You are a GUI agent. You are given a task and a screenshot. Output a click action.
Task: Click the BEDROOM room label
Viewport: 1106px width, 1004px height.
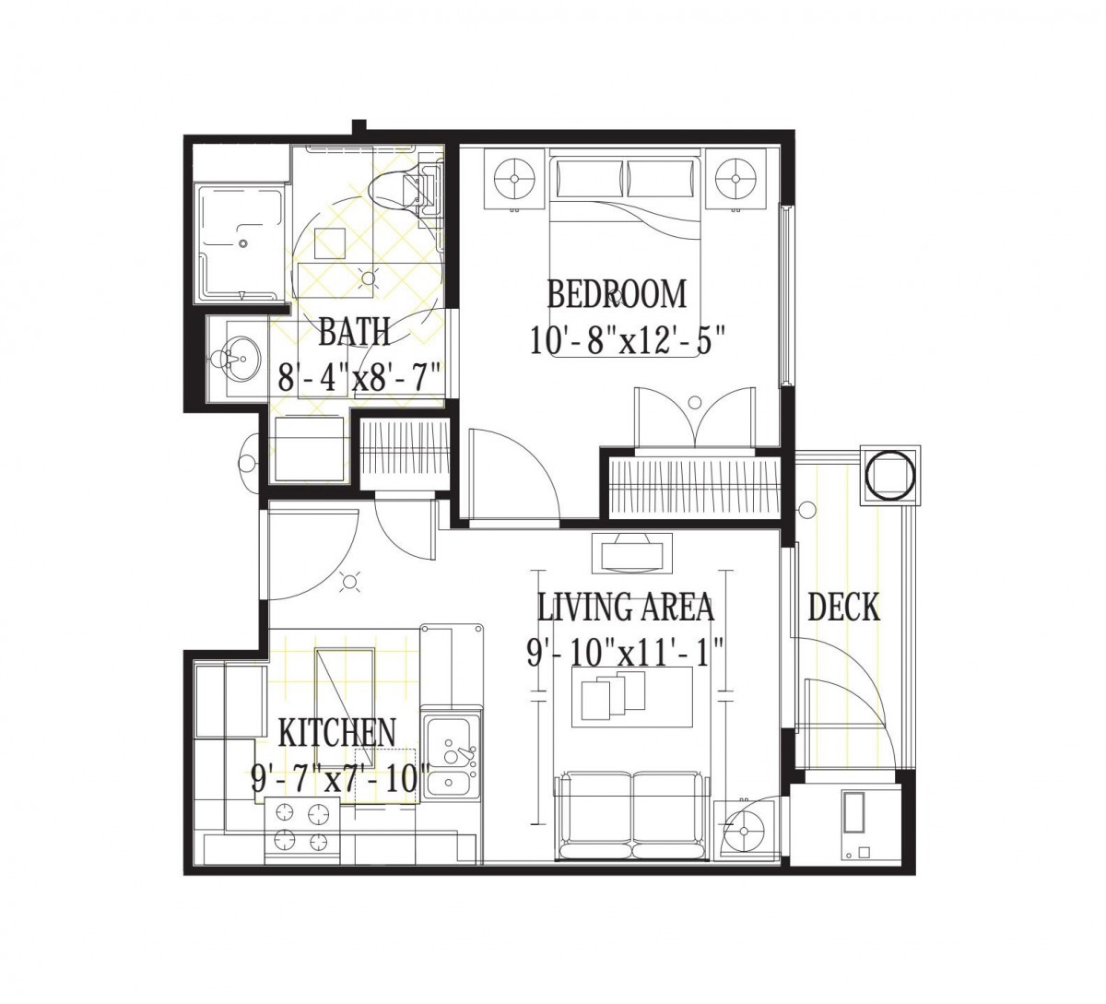[x=617, y=294]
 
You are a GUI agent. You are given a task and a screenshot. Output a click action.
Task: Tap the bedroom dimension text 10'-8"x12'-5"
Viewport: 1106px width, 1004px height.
[x=627, y=340]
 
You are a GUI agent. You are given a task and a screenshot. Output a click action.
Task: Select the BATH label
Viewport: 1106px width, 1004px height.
[x=354, y=332]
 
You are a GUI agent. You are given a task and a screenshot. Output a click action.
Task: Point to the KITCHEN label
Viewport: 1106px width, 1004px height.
[x=337, y=733]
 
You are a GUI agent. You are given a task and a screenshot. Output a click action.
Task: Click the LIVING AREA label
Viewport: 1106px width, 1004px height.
[x=626, y=607]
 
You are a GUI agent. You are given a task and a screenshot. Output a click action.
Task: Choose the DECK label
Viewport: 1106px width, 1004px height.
[x=843, y=607]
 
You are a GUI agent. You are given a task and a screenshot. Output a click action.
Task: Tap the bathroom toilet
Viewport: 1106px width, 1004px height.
[x=404, y=187]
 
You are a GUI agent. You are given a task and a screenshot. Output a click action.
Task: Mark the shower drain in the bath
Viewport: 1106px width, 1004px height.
[x=242, y=243]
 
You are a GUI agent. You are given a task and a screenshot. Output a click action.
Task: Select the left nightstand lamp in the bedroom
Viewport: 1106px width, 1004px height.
[x=514, y=179]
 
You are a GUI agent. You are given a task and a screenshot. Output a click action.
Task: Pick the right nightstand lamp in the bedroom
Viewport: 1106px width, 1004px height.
[x=735, y=179]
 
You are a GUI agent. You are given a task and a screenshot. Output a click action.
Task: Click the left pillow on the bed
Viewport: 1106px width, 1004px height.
[x=590, y=178]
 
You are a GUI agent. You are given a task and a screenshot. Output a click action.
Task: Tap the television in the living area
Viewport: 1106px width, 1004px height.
[x=632, y=553]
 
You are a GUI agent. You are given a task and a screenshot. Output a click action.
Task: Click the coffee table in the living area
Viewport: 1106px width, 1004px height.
[x=632, y=697]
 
